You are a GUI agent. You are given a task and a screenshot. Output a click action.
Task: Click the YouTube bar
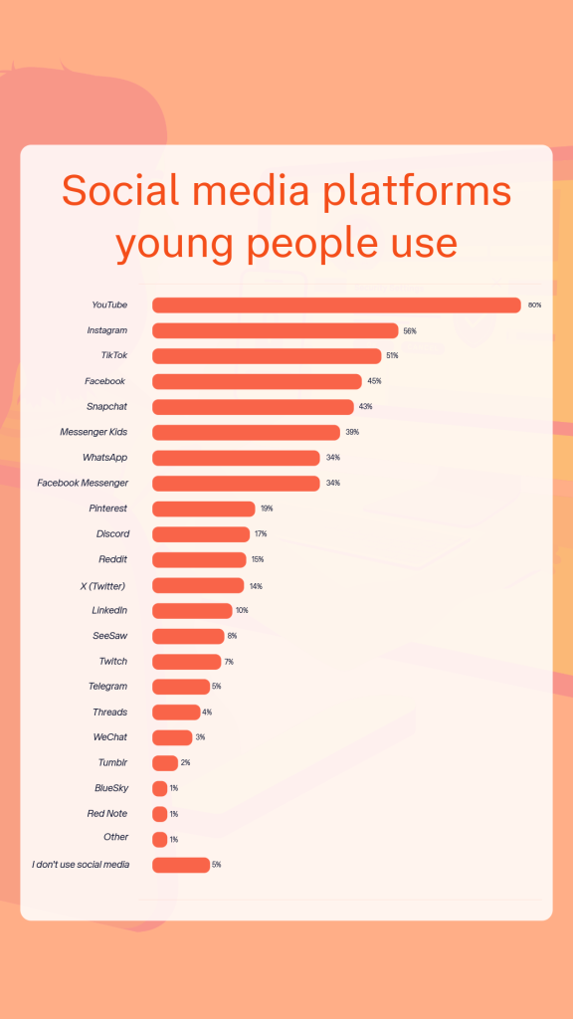click(336, 306)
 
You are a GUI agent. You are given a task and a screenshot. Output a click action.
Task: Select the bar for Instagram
click(275, 330)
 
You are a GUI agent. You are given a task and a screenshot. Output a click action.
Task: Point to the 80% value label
click(534, 306)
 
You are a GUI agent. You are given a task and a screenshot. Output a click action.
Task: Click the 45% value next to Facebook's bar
click(374, 381)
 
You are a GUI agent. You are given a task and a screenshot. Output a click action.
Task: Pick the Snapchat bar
click(253, 407)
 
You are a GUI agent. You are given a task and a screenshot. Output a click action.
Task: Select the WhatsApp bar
click(236, 458)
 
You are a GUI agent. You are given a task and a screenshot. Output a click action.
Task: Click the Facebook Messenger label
click(83, 483)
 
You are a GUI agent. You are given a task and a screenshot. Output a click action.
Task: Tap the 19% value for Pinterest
click(267, 509)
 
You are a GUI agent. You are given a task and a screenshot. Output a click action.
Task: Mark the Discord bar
click(201, 534)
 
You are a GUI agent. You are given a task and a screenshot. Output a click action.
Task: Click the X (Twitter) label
click(102, 585)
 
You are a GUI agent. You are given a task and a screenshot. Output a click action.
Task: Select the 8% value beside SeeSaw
click(233, 636)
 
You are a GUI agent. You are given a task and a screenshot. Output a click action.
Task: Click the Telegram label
click(107, 687)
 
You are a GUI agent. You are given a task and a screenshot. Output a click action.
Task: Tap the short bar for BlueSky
click(159, 788)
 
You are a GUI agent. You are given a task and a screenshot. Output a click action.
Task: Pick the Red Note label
click(107, 813)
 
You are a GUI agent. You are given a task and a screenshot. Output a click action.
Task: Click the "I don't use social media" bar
click(181, 865)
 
